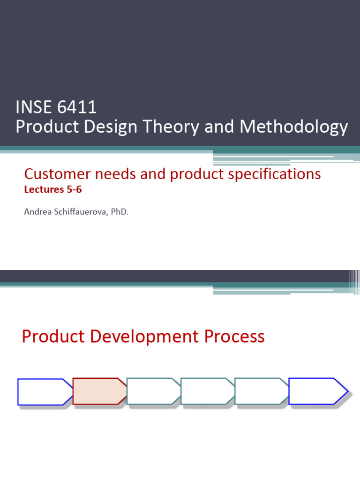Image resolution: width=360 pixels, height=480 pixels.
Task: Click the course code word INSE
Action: click(32, 107)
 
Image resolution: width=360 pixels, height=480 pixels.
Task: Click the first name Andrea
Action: click(36, 212)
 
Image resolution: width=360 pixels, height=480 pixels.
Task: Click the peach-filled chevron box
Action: click(99, 391)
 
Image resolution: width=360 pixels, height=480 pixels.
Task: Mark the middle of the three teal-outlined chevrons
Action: click(207, 391)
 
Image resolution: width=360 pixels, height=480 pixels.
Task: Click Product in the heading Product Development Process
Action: click(52, 337)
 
